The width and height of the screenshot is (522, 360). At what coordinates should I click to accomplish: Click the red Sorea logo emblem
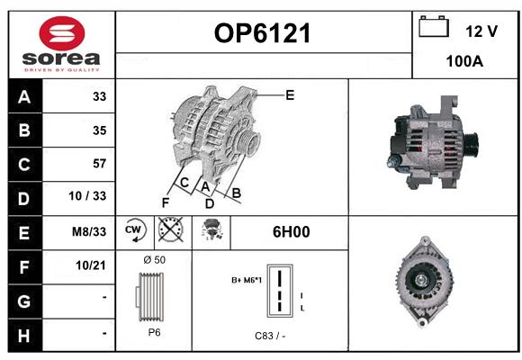(62, 33)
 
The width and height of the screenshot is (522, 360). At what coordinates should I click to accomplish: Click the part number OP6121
(262, 33)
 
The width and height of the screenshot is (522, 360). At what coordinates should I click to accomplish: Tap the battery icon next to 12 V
(434, 26)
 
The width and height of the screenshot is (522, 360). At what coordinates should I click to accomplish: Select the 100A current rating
(464, 61)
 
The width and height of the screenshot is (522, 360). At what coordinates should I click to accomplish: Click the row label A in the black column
(24, 97)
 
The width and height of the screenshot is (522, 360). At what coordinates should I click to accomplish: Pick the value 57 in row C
(100, 164)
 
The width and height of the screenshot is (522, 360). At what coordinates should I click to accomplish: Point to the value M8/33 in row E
(89, 231)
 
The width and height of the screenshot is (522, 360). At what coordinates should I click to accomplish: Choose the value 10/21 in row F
(91, 265)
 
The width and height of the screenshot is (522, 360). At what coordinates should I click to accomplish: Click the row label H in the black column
(24, 336)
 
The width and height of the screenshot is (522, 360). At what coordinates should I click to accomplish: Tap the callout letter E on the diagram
(290, 95)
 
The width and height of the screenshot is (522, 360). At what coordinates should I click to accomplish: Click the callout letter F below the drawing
(166, 202)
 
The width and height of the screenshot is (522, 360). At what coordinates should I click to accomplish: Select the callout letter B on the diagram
(237, 193)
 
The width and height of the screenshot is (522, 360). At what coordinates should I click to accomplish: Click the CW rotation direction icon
(134, 229)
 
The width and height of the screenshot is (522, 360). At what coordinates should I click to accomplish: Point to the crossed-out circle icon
(171, 229)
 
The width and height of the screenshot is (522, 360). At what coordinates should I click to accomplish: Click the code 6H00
(292, 232)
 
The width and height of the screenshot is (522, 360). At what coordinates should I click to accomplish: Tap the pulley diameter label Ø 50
(155, 260)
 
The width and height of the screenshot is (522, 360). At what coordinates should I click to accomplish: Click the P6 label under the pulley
(154, 332)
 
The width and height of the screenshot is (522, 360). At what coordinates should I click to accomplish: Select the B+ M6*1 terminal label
(247, 280)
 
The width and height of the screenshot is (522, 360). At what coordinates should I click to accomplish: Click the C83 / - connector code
(270, 336)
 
